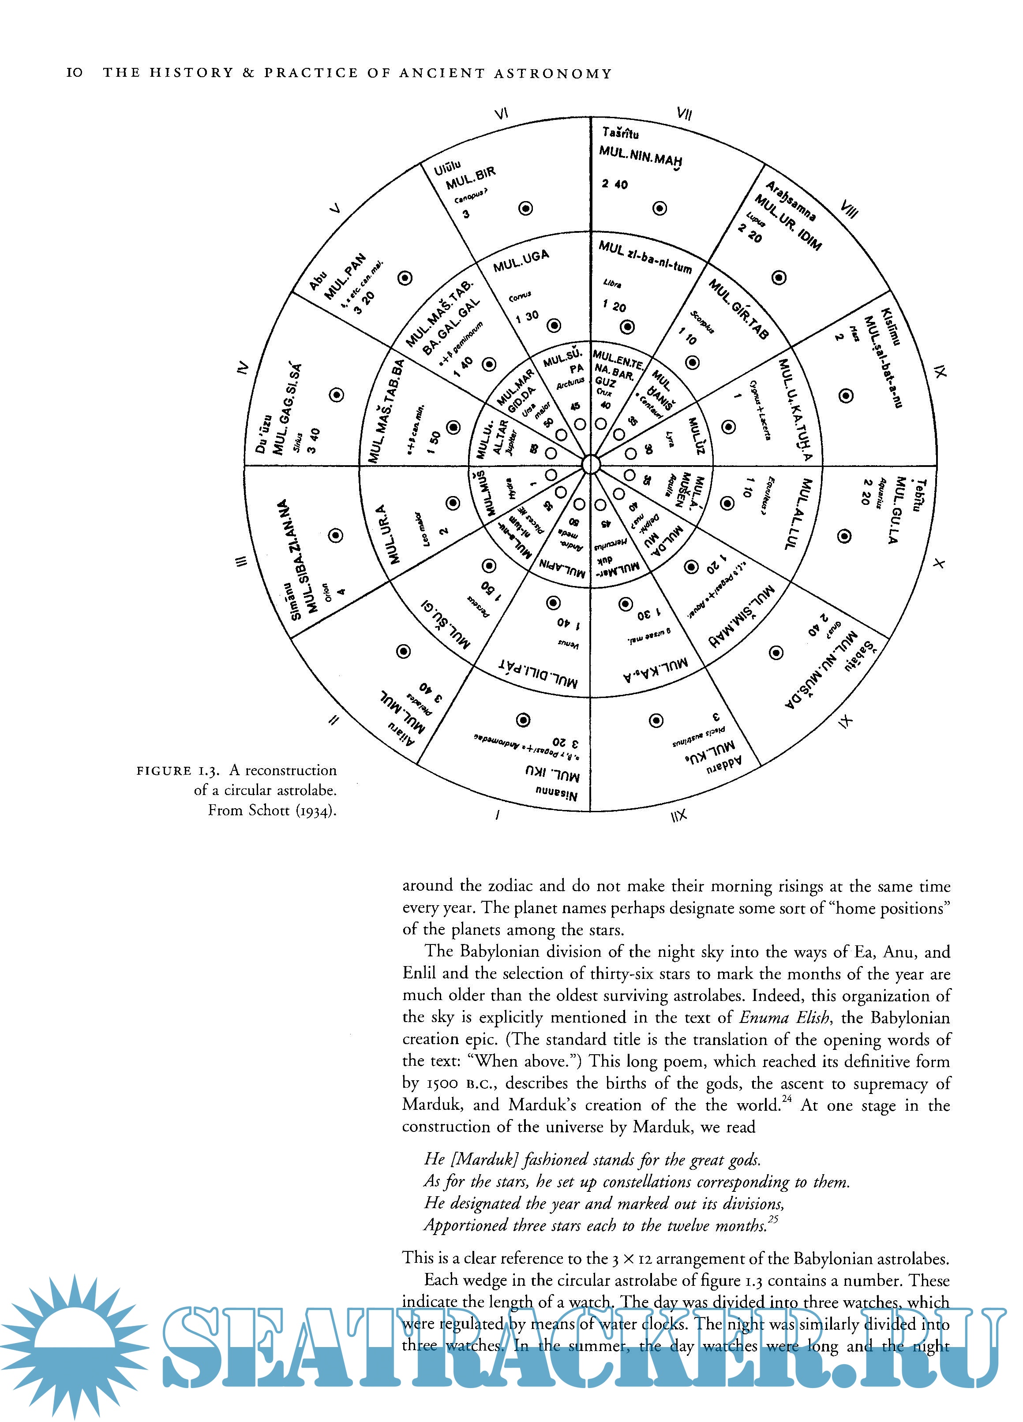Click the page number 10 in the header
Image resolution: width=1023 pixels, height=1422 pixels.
pos(74,73)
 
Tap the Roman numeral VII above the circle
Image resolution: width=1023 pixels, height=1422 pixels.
pos(684,113)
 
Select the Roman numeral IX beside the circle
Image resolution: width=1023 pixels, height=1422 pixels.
pos(939,372)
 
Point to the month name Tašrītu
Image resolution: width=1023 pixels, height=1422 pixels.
pos(620,133)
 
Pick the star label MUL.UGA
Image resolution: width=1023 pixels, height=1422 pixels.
pos(521,261)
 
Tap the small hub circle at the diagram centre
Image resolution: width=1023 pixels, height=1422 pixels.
pos(591,465)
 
